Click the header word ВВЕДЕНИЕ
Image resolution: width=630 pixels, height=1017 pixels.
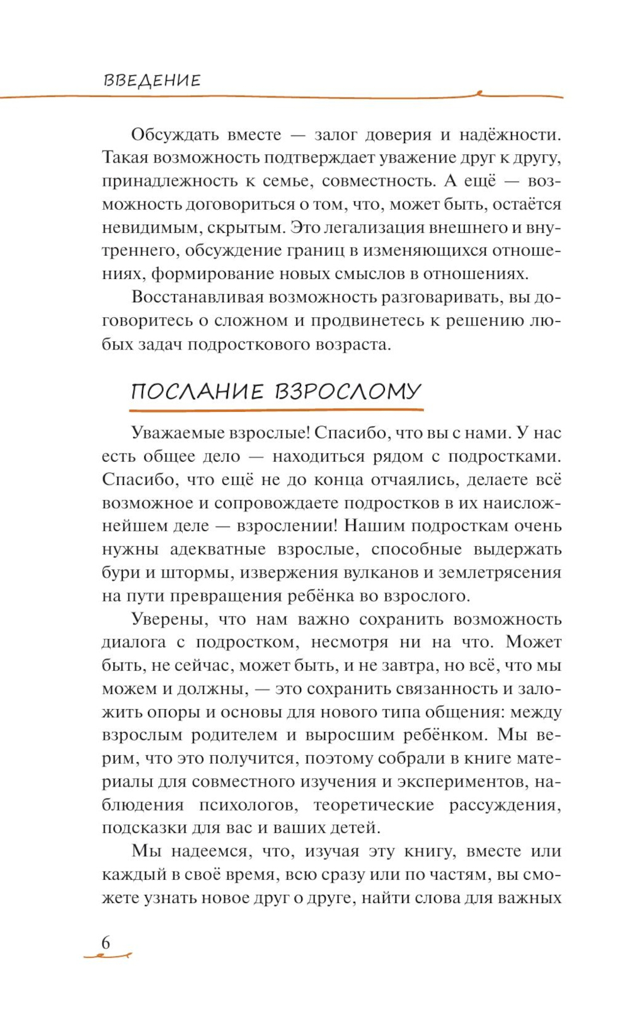[x=152, y=81]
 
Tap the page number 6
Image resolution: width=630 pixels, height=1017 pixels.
[x=106, y=943]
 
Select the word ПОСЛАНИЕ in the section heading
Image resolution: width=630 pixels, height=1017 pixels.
[x=197, y=392]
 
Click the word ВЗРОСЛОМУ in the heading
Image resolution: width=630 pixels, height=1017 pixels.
[x=348, y=392]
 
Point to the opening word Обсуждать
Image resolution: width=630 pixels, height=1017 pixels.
[x=175, y=135]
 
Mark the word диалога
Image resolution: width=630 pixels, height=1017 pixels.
[x=134, y=643]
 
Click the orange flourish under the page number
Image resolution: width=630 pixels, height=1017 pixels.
[x=107, y=957]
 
